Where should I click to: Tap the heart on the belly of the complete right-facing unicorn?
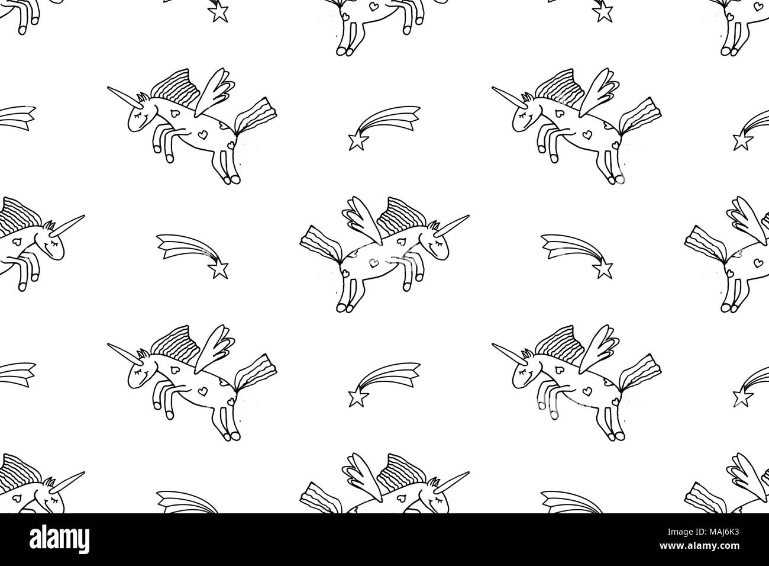click(373, 263)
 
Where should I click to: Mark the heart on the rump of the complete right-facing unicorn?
click(345, 273)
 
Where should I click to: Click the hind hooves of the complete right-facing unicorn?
click(345, 307)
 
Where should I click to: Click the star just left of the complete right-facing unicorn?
click(218, 270)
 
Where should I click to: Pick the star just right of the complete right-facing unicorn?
click(603, 270)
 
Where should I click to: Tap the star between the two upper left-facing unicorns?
click(358, 141)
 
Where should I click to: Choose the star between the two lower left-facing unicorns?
click(358, 398)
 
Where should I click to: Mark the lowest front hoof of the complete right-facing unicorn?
click(407, 287)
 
